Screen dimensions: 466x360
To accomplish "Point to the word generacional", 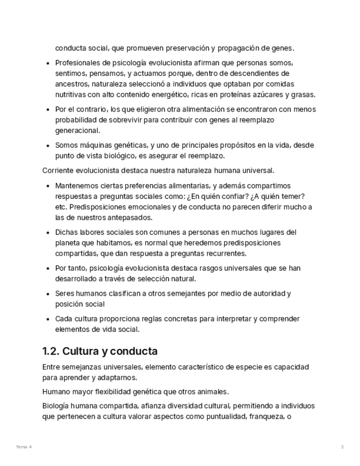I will tap(77, 131).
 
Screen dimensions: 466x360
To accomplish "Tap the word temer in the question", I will tap(294, 196).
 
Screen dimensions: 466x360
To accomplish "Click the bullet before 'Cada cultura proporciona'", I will tap(49, 319).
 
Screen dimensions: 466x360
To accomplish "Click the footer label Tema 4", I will tap(24, 447).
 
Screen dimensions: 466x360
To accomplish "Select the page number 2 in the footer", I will tap(342, 447).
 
